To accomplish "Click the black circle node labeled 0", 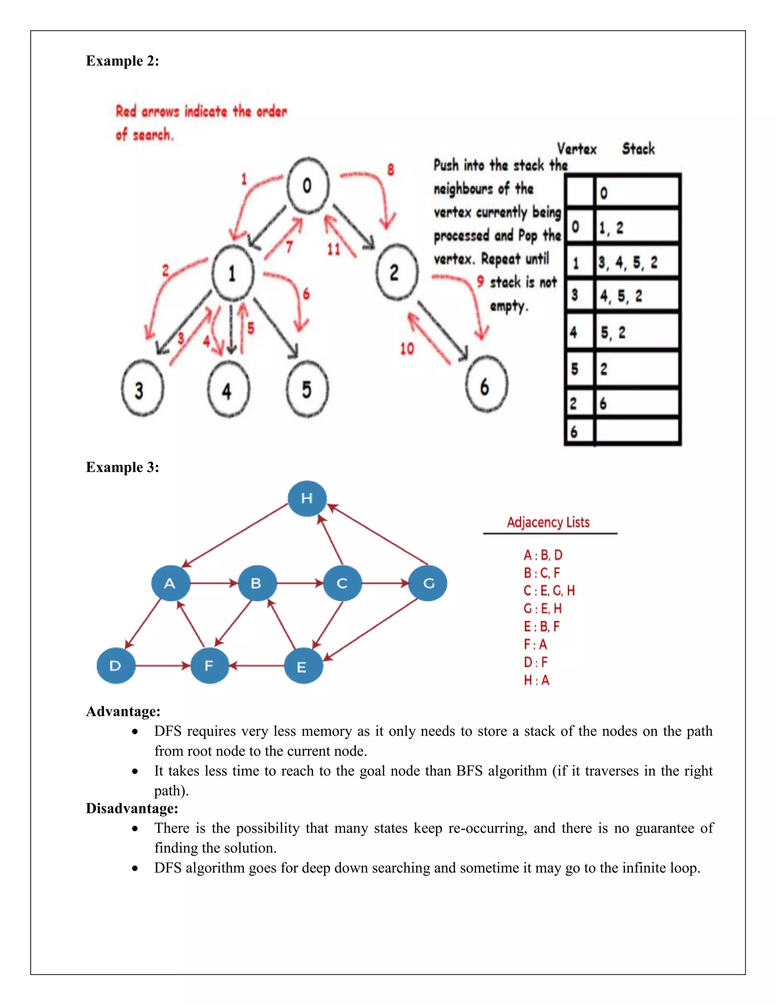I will click(x=308, y=185).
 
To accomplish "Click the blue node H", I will click(x=307, y=498).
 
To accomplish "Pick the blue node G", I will click(x=428, y=584).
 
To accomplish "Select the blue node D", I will click(x=116, y=666).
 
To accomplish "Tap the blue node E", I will click(x=303, y=666).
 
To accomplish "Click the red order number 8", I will click(x=390, y=170).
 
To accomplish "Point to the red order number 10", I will click(x=407, y=349).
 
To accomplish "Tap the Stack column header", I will click(x=638, y=149).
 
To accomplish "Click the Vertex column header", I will click(x=576, y=149).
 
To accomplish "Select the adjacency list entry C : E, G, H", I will click(x=549, y=590).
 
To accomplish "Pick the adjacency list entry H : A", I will click(x=537, y=680).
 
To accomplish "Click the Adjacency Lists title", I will click(x=548, y=522).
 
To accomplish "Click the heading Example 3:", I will click(x=122, y=467).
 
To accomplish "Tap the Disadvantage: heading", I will click(x=132, y=808).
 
